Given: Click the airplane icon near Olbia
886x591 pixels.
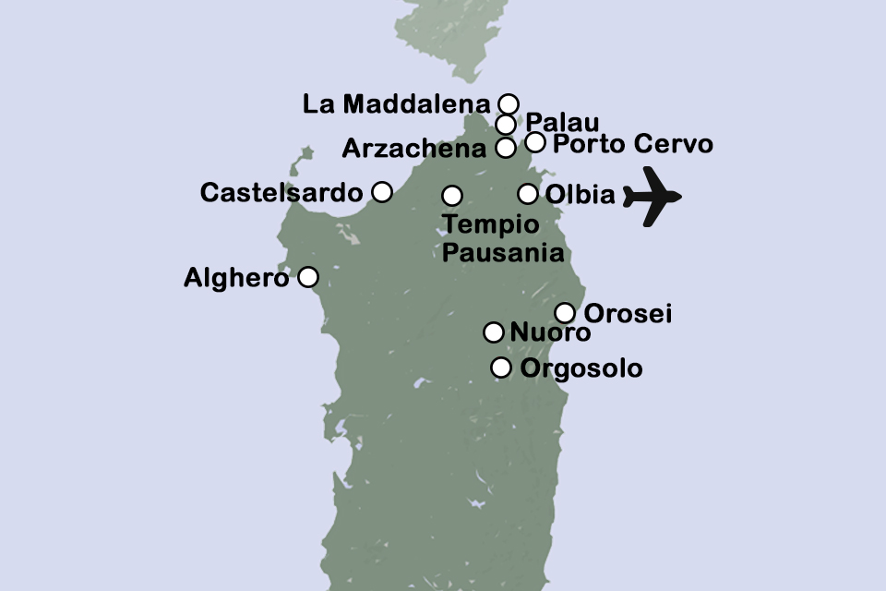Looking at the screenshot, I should pyautogui.click(x=652, y=196).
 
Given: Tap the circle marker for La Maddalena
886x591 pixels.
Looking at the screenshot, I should pyautogui.click(x=508, y=103).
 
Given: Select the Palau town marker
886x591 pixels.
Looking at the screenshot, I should pyautogui.click(x=505, y=125).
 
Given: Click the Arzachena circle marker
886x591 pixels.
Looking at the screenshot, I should pyautogui.click(x=505, y=147).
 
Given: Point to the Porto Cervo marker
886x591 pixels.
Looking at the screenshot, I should pyautogui.click(x=535, y=142).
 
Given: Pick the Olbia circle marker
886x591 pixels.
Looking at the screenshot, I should pyautogui.click(x=527, y=194).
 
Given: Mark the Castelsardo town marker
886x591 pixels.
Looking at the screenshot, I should pyautogui.click(x=381, y=192).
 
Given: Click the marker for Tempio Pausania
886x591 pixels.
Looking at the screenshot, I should pyautogui.click(x=452, y=196).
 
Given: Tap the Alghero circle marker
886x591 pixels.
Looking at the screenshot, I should pyautogui.click(x=308, y=277).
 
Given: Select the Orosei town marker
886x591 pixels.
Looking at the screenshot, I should pyautogui.click(x=565, y=312).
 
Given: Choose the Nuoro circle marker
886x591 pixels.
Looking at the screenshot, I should pyautogui.click(x=494, y=332).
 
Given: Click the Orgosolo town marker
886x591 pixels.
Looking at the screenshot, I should pyautogui.click(x=500, y=368).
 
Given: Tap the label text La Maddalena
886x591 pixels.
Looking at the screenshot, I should pyautogui.click(x=397, y=104).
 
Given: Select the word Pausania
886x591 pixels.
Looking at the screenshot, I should pyautogui.click(x=503, y=252).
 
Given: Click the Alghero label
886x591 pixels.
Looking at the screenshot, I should pyautogui.click(x=237, y=277).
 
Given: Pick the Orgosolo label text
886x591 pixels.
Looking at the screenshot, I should pyautogui.click(x=581, y=369).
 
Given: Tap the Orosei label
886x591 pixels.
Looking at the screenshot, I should pyautogui.click(x=629, y=314).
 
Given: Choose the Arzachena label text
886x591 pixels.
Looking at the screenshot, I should pyautogui.click(x=414, y=148).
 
